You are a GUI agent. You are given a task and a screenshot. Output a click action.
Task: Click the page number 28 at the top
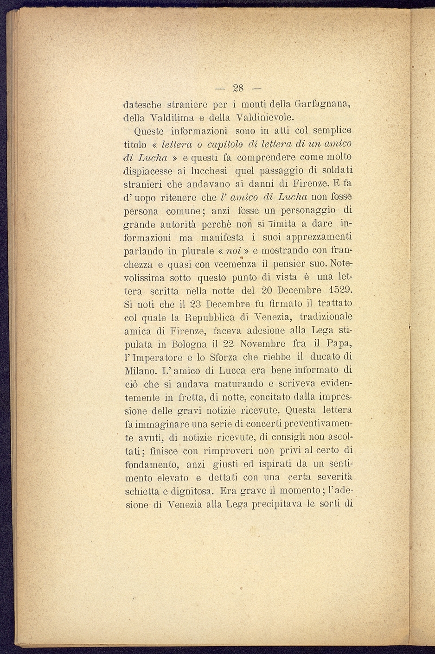[x=239, y=88]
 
